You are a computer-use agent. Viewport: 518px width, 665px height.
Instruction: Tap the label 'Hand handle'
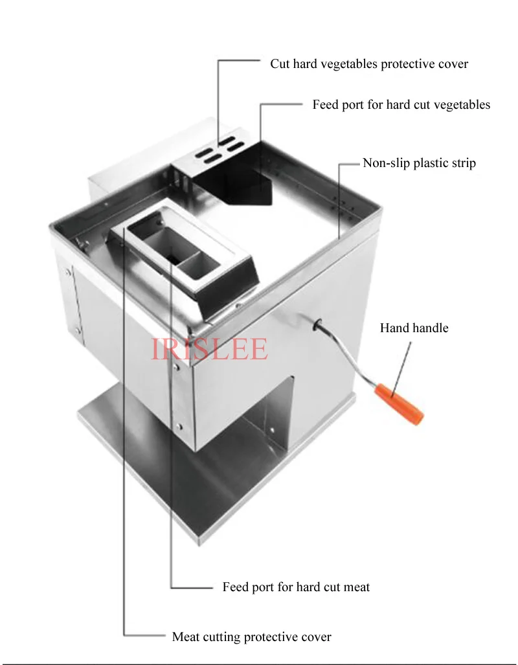[414, 328]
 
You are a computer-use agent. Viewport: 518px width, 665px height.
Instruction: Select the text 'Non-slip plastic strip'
[419, 163]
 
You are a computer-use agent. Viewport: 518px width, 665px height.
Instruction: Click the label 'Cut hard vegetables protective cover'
[369, 64]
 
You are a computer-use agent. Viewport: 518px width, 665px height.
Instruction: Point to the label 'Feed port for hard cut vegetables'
[401, 105]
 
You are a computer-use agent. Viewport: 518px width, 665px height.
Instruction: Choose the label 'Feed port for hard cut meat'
[296, 587]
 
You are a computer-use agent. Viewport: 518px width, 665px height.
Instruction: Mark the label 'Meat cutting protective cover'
[251, 637]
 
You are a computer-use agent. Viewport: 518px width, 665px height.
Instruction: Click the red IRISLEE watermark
[209, 349]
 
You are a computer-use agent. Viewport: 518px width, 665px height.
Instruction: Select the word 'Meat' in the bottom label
[187, 637]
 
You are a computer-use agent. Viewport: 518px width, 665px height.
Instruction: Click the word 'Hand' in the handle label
[394, 328]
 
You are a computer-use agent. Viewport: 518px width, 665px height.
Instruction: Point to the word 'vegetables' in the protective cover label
[349, 64]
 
